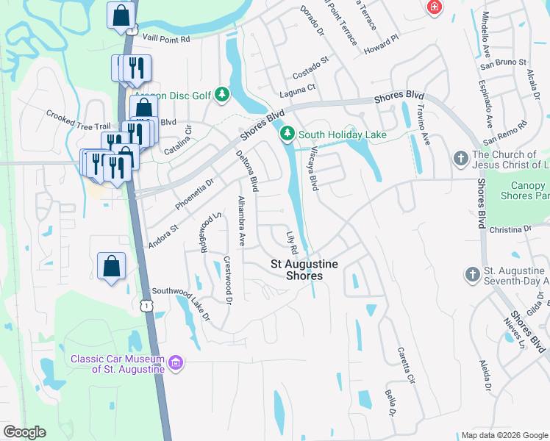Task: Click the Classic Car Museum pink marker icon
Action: click(175, 363)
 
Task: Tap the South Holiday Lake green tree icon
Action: click(287, 134)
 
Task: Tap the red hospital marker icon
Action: click(435, 7)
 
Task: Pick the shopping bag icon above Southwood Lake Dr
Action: click(111, 266)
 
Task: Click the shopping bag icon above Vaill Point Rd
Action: click(121, 15)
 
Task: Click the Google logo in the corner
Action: click(25, 432)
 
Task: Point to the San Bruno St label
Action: click(502, 63)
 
